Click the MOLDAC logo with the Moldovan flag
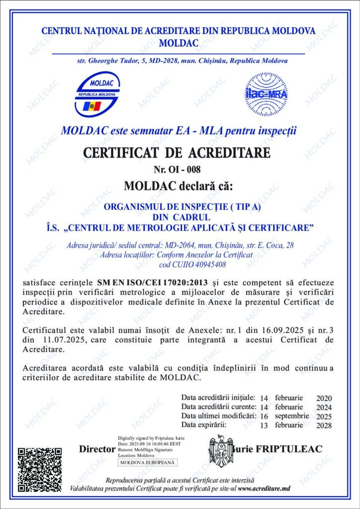(97, 94)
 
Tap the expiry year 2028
(324, 425)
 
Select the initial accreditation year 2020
(324, 399)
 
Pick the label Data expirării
(204, 425)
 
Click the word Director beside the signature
(97, 449)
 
